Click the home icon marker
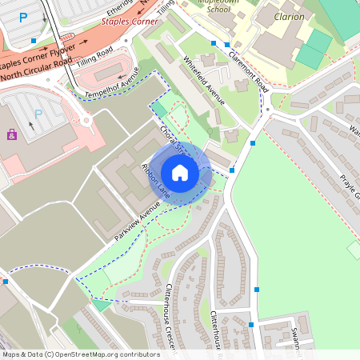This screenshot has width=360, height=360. [180, 173]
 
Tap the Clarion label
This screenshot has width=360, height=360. [289, 16]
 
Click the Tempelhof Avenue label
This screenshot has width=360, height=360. [113, 83]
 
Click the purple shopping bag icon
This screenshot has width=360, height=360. [11, 135]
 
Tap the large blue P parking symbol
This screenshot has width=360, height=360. [23, 16]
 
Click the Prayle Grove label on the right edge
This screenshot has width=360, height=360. [350, 186]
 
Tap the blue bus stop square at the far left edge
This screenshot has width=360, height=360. [5, 281]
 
